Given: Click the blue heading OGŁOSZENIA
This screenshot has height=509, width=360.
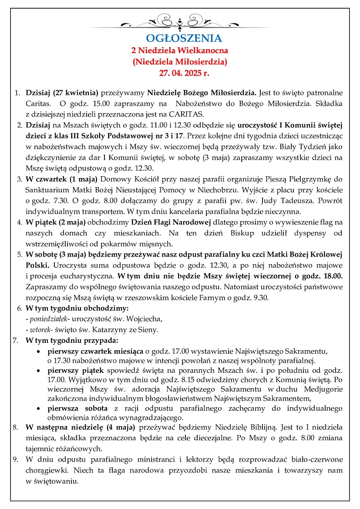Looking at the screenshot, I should tap(178, 38).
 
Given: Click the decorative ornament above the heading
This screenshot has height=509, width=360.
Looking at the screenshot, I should tap(179, 21).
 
